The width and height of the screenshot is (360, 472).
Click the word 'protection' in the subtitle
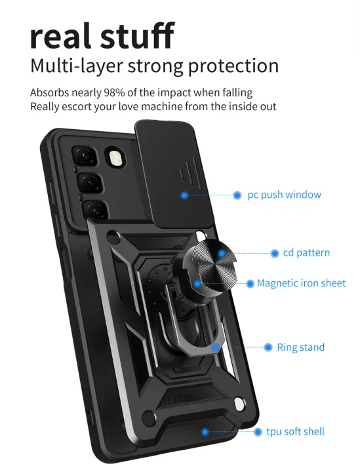(x=232, y=66)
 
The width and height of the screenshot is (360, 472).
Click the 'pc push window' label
(x=284, y=195)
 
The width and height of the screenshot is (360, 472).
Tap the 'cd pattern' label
(x=306, y=252)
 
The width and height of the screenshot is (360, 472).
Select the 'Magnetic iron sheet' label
(x=301, y=283)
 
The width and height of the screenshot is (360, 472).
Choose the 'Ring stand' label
(x=300, y=347)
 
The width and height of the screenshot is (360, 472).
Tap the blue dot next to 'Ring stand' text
(x=268, y=347)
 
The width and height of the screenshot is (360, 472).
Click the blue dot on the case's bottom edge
(x=205, y=431)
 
